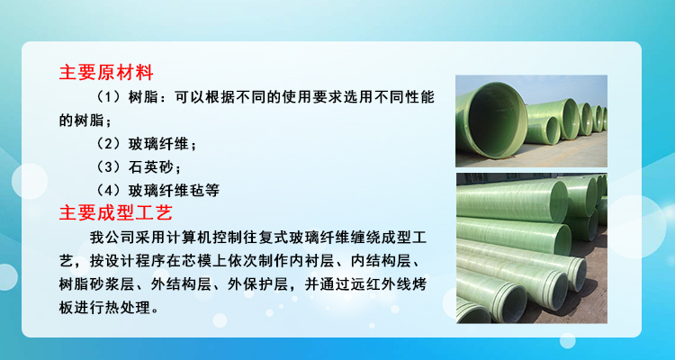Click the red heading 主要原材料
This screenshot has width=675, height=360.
[x=106, y=72]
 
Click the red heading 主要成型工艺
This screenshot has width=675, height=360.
[x=116, y=212]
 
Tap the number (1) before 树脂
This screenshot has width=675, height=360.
[x=108, y=97]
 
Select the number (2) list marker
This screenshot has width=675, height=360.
[x=108, y=144]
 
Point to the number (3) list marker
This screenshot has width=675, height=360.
[x=108, y=166]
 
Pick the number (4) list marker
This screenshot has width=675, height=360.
[x=108, y=190]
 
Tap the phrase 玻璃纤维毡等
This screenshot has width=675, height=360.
[x=174, y=190]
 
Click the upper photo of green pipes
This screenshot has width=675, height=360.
[x=531, y=121]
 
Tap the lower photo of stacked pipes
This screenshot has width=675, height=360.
[x=531, y=248]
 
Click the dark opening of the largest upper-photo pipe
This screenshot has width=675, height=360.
[x=496, y=121]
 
